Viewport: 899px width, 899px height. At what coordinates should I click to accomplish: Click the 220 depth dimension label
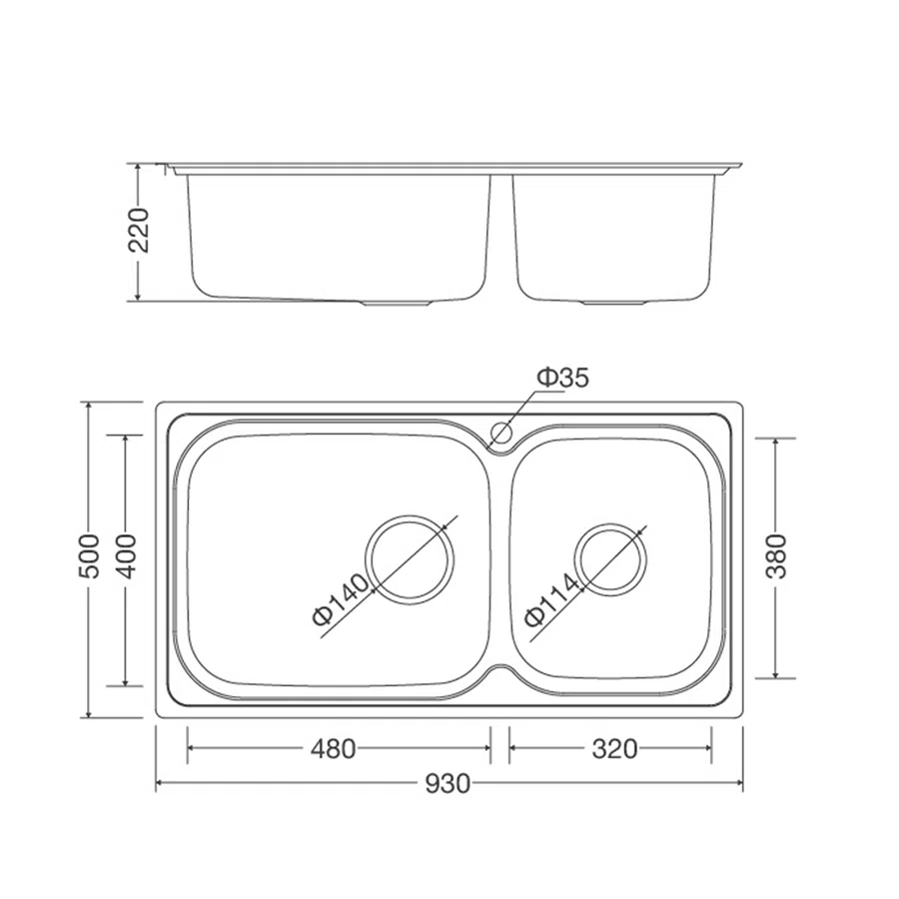coord(138,231)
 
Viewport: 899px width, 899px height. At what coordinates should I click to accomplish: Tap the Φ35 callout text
coord(562,378)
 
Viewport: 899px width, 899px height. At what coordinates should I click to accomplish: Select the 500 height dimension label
coord(89,555)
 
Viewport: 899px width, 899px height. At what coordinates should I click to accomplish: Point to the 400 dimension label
coord(126,555)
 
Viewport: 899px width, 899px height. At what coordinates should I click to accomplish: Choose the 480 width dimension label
coord(333,749)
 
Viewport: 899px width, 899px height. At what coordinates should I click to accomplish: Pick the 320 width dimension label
coord(614,749)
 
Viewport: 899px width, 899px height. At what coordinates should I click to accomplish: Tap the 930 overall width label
coord(448,784)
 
